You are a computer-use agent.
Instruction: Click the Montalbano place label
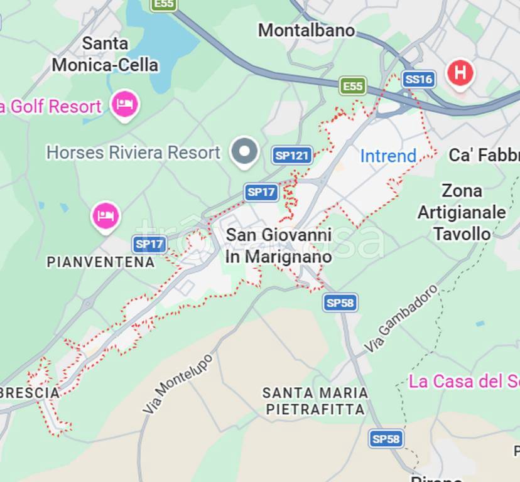[x=306, y=30]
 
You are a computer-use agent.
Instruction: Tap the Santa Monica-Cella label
[x=105, y=54]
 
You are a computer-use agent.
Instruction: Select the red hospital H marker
[x=460, y=73]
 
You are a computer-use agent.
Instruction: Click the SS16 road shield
[x=418, y=79]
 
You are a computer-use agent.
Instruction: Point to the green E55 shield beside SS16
[x=353, y=86]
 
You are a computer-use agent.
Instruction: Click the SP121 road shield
[x=293, y=156]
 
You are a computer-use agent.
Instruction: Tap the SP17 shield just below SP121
[x=261, y=192]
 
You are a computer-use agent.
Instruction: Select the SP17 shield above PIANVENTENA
[x=149, y=244]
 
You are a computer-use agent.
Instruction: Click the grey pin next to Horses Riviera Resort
[x=244, y=152]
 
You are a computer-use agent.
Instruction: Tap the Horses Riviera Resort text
[x=134, y=153]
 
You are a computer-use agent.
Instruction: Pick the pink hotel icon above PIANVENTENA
[x=106, y=217]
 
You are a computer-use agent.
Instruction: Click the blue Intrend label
[x=388, y=156]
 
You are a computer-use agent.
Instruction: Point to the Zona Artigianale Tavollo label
[x=462, y=212]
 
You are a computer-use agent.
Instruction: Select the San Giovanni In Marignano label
[x=278, y=245]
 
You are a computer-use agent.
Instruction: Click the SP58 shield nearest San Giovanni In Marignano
[x=340, y=303]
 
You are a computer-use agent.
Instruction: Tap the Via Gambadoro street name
[x=401, y=318]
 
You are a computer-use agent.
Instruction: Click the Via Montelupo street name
[x=178, y=383]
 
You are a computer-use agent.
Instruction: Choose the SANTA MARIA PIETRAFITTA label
[x=315, y=401]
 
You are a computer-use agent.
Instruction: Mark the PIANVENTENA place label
[x=100, y=262]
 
